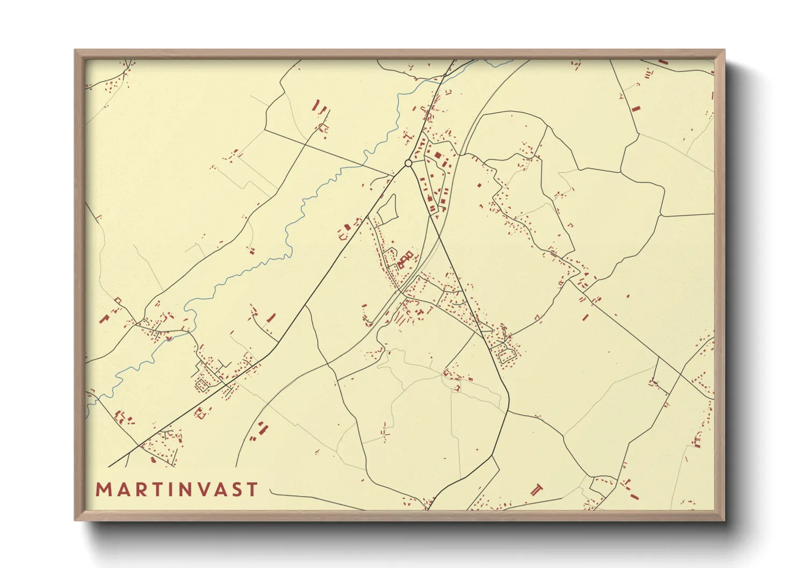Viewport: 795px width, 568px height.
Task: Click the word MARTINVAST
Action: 177,490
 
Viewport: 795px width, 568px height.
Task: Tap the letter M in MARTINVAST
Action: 103,490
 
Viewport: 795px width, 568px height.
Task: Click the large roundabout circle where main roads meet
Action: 408,163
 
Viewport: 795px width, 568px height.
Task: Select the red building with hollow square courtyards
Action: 406,259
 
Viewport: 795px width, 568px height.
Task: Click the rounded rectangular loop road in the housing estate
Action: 507,355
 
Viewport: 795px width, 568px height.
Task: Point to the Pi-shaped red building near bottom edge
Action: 536,489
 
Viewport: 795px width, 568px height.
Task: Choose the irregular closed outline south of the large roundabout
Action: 387,209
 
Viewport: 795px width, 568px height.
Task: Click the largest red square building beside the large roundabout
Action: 437,155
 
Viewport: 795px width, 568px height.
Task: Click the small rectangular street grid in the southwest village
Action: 204,384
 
